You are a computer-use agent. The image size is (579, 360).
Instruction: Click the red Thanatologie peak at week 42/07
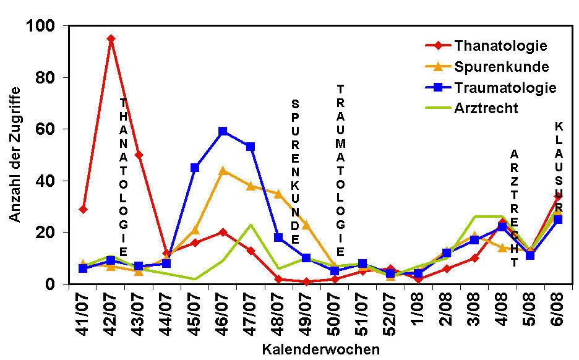(111, 38)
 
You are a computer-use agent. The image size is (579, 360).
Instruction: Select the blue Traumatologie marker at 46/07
(223, 131)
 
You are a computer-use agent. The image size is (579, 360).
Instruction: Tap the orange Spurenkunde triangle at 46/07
(223, 170)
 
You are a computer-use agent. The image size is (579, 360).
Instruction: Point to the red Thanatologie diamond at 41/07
(83, 209)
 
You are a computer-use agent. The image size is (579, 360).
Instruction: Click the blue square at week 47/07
(251, 147)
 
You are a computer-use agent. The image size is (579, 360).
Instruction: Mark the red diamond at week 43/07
(139, 155)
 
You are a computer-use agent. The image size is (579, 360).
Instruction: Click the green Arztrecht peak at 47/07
(251, 225)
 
